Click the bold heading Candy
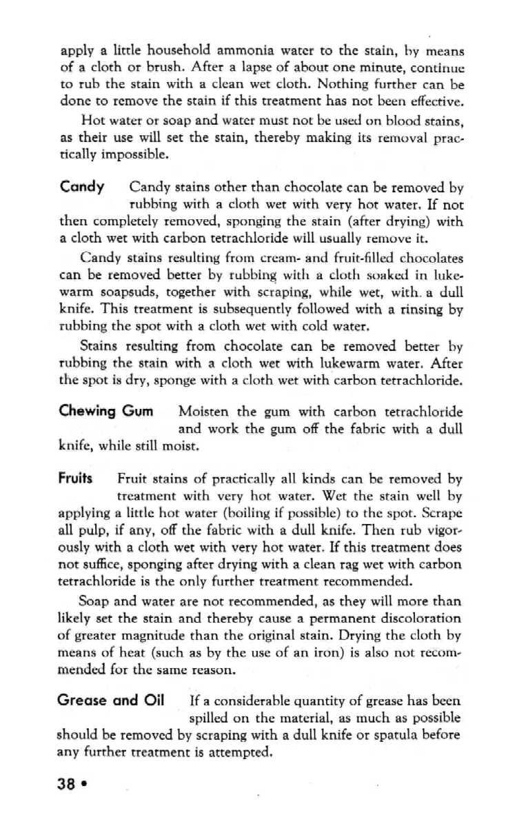(x=82, y=187)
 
